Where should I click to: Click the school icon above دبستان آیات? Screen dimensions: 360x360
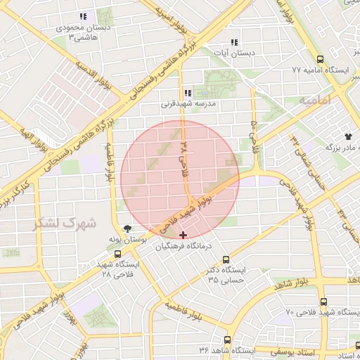[234, 42]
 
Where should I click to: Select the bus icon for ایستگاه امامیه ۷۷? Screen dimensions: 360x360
[321, 60]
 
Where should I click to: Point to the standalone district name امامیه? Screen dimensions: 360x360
[314, 101]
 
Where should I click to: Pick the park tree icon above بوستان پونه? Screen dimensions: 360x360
[127, 228]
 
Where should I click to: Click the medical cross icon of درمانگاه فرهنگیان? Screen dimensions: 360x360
[184, 234]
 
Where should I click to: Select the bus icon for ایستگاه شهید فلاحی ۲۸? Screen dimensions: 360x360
[117, 254]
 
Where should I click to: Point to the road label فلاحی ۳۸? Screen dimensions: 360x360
[186, 157]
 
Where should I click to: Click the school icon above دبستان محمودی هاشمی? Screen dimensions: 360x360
[84, 15]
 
